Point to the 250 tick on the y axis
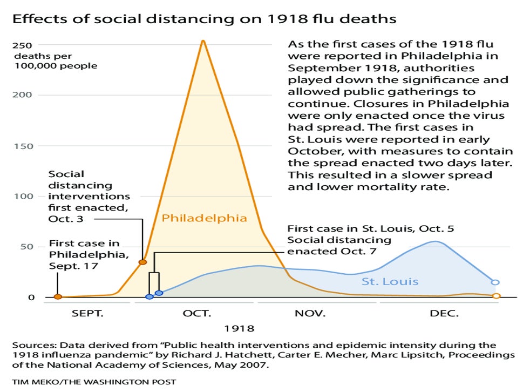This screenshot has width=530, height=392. (x=23, y=45)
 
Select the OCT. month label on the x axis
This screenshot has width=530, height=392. (x=196, y=313)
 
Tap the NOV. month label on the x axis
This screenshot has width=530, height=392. (x=310, y=313)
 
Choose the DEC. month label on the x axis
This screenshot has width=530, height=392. (x=444, y=313)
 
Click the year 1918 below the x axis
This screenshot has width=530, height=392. (x=239, y=328)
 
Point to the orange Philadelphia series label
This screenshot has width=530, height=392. (x=205, y=219)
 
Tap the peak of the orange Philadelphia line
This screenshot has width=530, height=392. (x=203, y=41)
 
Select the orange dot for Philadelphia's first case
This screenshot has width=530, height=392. (x=58, y=297)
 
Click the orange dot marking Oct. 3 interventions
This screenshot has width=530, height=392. (x=142, y=262)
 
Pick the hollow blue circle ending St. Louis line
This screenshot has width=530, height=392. (x=495, y=282)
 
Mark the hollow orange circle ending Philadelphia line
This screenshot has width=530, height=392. (x=497, y=296)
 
